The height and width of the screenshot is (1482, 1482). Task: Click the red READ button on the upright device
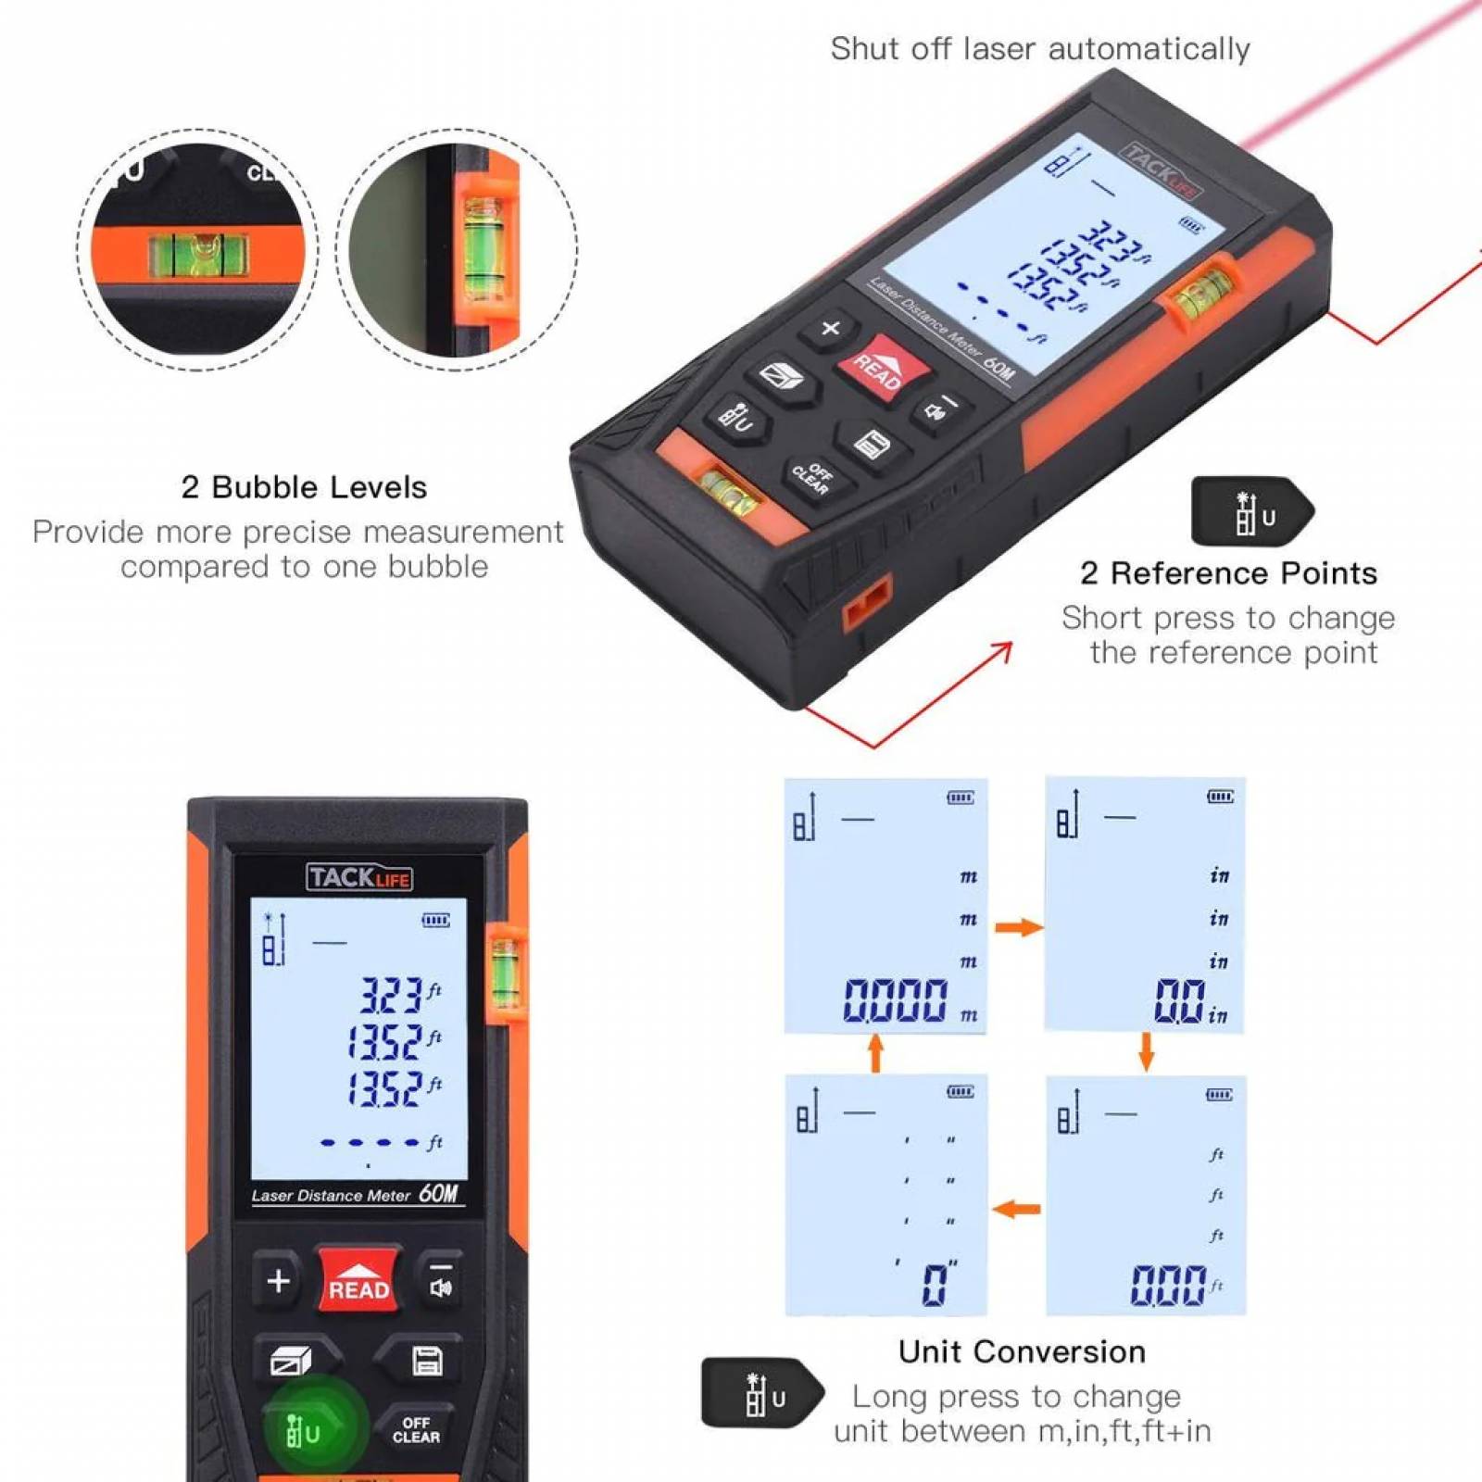(358, 1281)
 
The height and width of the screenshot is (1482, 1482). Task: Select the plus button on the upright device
(278, 1281)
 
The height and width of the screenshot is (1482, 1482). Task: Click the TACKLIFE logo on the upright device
(359, 877)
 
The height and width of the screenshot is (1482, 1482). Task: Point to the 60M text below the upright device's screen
(438, 1193)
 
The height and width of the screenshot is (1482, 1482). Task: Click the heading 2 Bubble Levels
(304, 487)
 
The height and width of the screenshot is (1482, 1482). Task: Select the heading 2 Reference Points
(1228, 573)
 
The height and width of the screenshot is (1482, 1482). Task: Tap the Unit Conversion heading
(1022, 1351)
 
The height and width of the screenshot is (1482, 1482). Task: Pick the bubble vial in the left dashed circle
(199, 255)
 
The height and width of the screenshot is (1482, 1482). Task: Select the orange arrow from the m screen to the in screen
(1019, 927)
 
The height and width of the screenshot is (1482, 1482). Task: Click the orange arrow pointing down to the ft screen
(1146, 1051)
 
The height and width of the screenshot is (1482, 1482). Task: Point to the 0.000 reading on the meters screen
(896, 1001)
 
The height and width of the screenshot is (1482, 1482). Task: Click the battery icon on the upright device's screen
(436, 920)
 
